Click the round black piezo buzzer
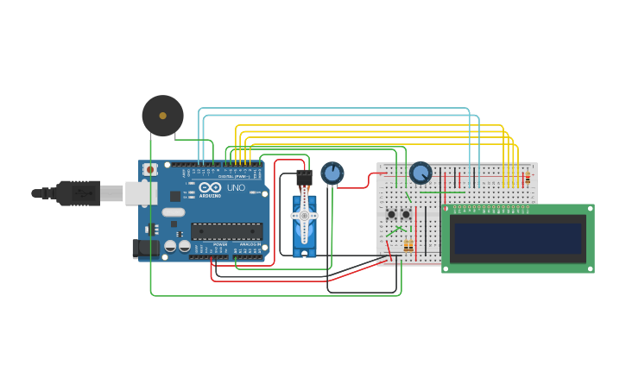coord(162,116)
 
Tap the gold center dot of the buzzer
coord(162,115)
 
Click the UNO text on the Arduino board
coord(236,187)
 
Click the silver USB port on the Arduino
coord(140,192)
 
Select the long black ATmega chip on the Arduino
coord(226,230)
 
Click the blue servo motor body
coord(304,226)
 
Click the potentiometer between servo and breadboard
coord(332,173)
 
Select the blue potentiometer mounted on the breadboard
coord(420,173)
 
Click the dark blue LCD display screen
coord(518,238)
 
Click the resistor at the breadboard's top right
coord(527,179)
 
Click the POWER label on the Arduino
coord(220,245)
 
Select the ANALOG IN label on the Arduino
coord(249,245)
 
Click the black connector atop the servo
coord(303,179)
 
